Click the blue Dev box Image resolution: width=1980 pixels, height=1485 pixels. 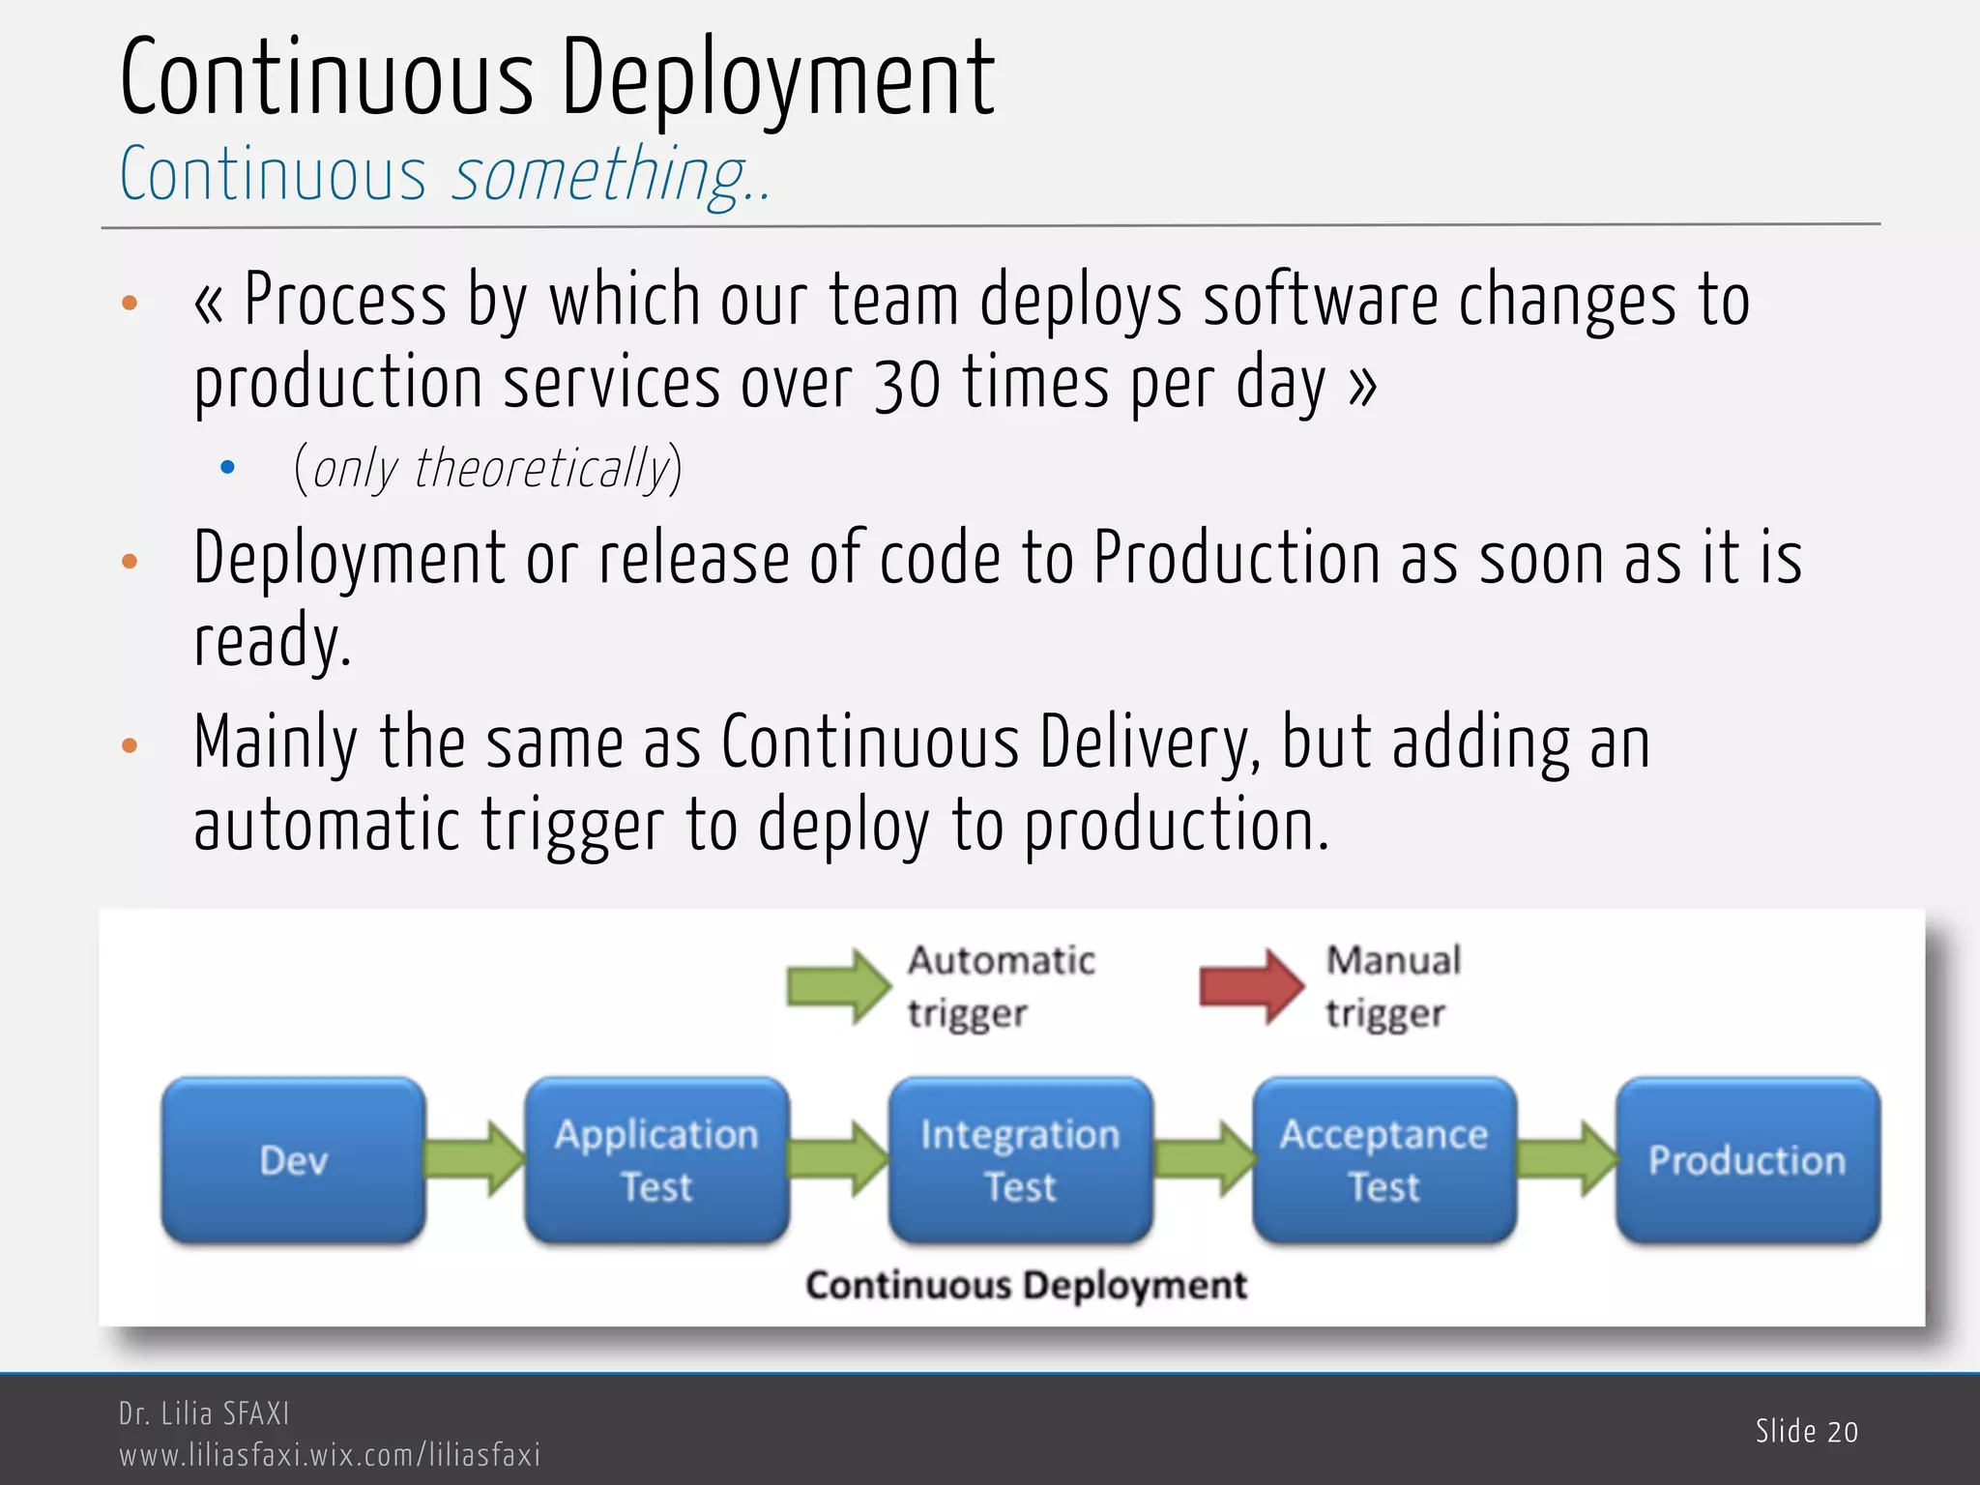[293, 1159]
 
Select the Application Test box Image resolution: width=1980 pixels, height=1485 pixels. [656, 1159]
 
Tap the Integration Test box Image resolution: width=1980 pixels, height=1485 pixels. [1020, 1159]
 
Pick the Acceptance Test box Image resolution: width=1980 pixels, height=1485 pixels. [1383, 1159]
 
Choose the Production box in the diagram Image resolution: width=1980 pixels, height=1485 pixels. [1747, 1159]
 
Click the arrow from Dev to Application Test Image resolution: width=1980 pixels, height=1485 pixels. [475, 1159]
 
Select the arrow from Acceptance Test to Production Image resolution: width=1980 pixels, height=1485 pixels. [1566, 1159]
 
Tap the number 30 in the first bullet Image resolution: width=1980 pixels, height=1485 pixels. [907, 384]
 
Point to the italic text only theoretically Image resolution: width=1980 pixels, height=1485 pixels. [489, 469]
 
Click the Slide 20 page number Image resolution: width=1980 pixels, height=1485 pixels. [1806, 1431]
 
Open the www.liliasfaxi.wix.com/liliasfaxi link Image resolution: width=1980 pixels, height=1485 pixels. [330, 1454]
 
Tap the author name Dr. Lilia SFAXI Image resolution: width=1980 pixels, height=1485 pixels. [204, 1413]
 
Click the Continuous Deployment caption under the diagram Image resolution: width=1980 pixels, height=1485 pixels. [1026, 1285]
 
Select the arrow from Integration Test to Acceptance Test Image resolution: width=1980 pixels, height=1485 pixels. [1204, 1159]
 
